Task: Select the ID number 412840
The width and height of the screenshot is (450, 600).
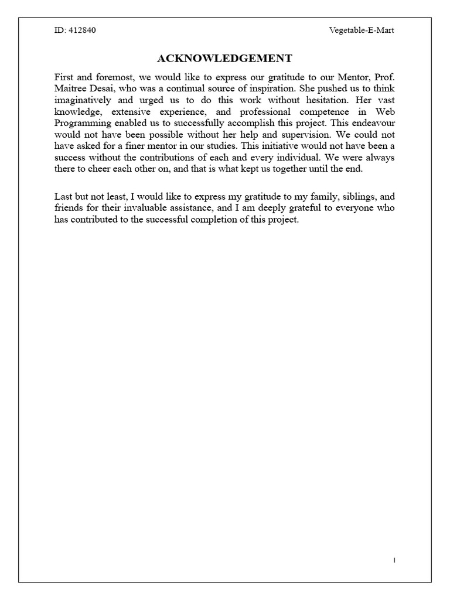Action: [81, 30]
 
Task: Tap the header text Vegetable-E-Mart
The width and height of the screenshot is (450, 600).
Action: [362, 30]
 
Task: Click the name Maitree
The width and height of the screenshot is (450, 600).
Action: [70, 88]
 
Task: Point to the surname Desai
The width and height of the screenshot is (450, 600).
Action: [104, 88]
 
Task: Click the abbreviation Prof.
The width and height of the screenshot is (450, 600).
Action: [385, 77]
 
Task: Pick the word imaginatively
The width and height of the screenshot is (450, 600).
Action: [83, 100]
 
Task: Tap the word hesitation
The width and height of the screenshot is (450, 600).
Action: [332, 100]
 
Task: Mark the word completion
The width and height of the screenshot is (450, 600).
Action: [220, 220]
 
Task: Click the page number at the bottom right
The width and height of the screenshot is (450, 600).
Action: [394, 560]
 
